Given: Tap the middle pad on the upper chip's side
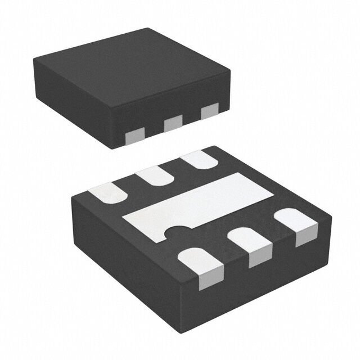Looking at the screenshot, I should pyautogui.click(x=173, y=122).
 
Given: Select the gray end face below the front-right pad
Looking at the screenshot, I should pyautogui.click(x=302, y=238).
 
